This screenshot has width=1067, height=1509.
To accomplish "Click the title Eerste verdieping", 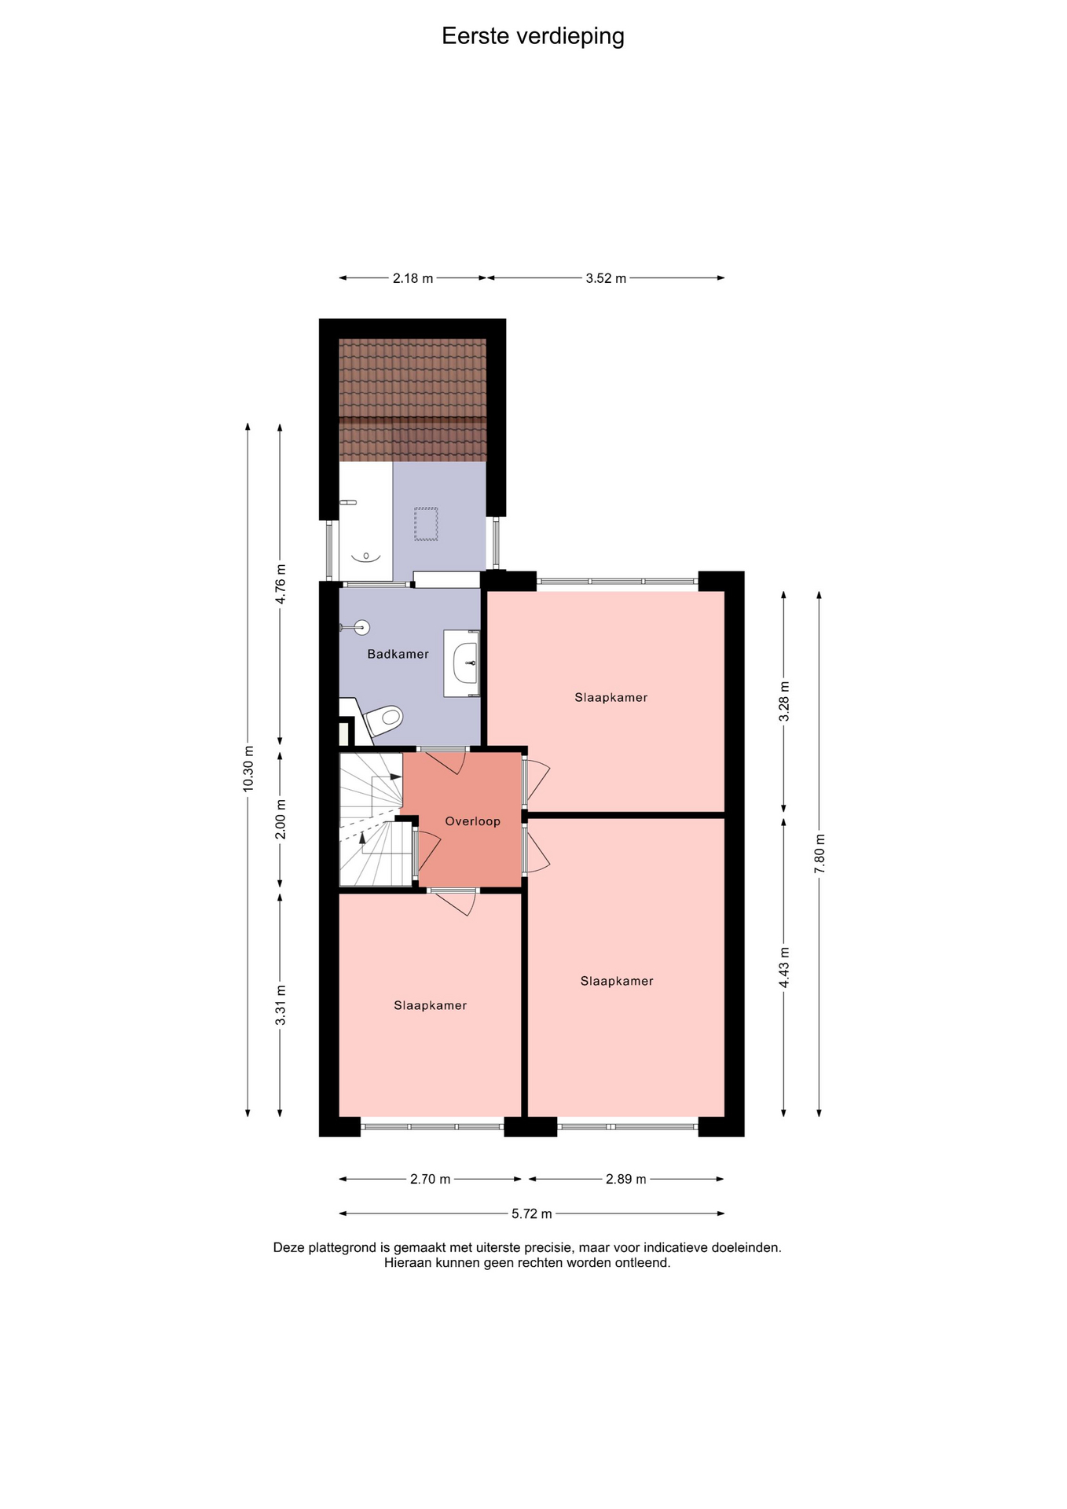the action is [x=533, y=36].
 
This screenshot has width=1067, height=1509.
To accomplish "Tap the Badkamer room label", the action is [x=398, y=654].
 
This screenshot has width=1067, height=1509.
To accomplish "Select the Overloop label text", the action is [x=473, y=821].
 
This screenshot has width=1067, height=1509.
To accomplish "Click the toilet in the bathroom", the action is [x=384, y=719].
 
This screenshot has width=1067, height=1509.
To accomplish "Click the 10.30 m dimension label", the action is [x=248, y=768].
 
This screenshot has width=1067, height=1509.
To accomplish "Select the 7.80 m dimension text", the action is [x=819, y=854].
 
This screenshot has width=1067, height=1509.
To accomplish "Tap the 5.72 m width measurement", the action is [x=532, y=1213].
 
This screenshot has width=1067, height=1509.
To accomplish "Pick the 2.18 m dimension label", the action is [x=413, y=278].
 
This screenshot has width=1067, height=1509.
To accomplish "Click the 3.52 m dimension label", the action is [x=606, y=278].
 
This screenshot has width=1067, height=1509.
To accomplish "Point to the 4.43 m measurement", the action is [x=784, y=968].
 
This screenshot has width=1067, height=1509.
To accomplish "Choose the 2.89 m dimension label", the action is [x=626, y=1179].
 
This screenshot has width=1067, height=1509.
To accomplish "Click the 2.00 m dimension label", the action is [x=280, y=819].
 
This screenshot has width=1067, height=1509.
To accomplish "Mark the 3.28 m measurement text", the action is [x=784, y=701].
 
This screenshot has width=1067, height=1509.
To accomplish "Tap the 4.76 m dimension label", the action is [x=280, y=584].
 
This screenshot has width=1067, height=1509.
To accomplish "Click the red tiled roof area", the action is [x=412, y=400].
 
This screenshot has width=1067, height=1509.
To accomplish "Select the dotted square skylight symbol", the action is [x=426, y=524].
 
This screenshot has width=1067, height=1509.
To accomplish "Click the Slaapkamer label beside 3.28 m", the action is [x=611, y=697].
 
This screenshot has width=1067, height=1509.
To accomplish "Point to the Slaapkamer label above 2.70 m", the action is [x=431, y=1005].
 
